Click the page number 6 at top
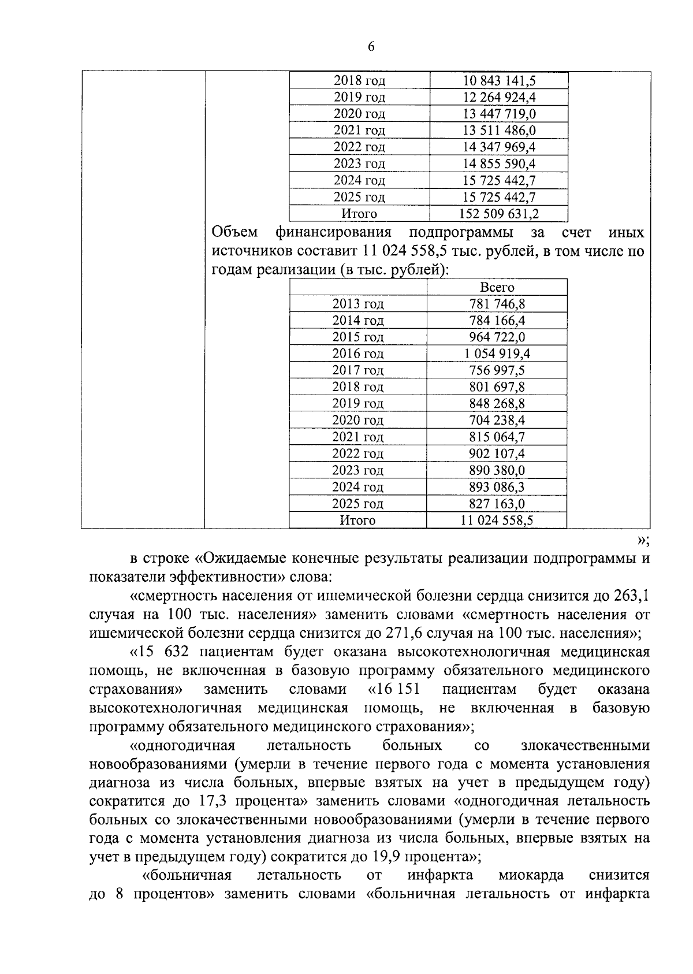click(x=371, y=47)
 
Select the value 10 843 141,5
click(x=500, y=81)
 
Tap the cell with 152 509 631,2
click(x=499, y=214)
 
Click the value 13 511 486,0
click(x=500, y=131)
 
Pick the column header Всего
click(x=497, y=287)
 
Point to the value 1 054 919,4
click(x=497, y=354)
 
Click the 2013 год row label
click(x=358, y=304)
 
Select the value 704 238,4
click(x=497, y=420)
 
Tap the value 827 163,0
click(x=497, y=503)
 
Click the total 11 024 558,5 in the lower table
click(x=497, y=521)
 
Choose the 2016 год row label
click(x=358, y=354)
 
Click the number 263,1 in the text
click(x=632, y=595)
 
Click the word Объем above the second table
click(x=234, y=233)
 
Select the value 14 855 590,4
click(x=500, y=164)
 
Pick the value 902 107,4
click(x=497, y=453)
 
